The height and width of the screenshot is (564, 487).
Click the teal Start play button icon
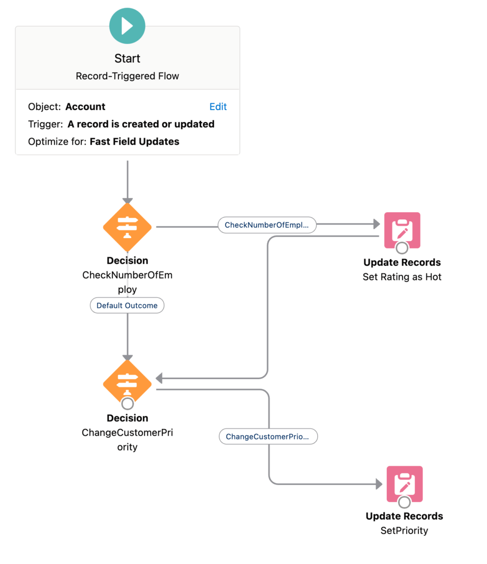tap(127, 25)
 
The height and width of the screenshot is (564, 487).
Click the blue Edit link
tap(218, 106)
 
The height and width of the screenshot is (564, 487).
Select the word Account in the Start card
tap(85, 106)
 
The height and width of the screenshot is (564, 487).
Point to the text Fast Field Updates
tap(134, 142)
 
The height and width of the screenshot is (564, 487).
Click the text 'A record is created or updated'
tap(141, 124)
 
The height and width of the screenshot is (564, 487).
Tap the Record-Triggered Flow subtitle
tap(127, 76)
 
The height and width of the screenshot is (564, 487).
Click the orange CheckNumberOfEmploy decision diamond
tap(127, 227)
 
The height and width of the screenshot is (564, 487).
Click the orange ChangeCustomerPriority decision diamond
tap(127, 382)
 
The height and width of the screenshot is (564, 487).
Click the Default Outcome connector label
tap(127, 305)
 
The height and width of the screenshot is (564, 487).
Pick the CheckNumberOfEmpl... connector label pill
tap(267, 225)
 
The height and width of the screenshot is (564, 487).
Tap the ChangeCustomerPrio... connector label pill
tap(268, 437)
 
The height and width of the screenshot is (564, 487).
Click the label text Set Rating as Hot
tap(402, 277)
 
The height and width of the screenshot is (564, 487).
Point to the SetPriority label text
tap(404, 530)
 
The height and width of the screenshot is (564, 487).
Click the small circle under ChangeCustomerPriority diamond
tap(127, 404)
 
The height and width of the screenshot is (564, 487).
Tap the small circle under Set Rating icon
tap(402, 248)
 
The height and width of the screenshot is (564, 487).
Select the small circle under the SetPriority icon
tap(405, 502)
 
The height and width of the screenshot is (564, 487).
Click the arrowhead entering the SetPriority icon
tap(378, 484)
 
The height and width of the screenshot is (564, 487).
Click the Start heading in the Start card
tap(127, 59)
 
